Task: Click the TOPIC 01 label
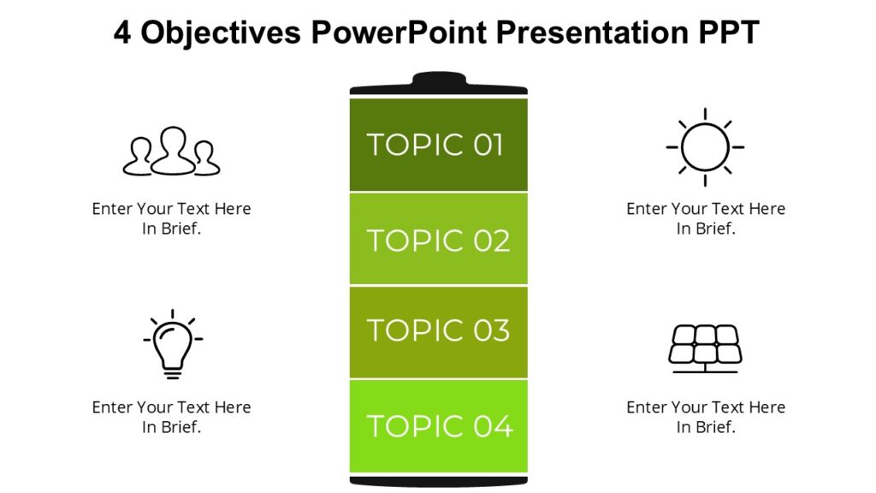pos(435,145)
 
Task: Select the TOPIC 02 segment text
pos(438,241)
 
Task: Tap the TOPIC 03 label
pos(438,330)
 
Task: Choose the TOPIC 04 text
pos(439,425)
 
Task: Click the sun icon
pos(705,147)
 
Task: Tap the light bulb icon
pos(172,344)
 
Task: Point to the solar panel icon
pos(704,347)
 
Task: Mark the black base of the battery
pos(438,480)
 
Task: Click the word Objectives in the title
pos(220,33)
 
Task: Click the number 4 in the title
pos(122,33)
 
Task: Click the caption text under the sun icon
pos(705,218)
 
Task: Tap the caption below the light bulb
pos(171,417)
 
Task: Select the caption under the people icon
pos(171,218)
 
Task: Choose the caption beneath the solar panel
pos(705,417)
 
